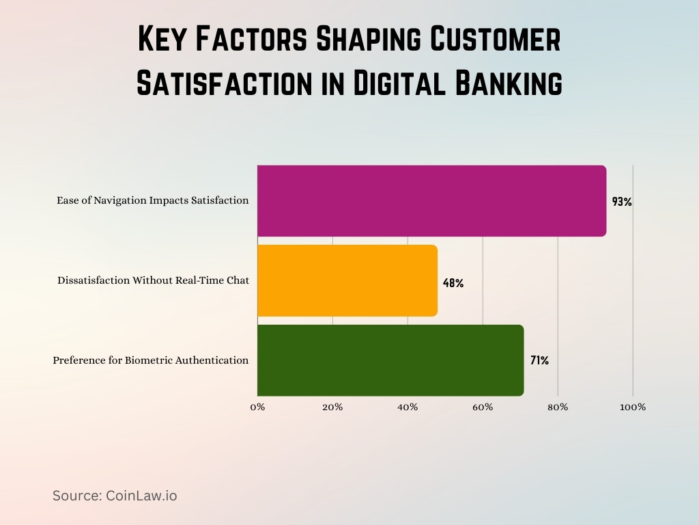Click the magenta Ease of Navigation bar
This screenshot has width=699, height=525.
point(431,201)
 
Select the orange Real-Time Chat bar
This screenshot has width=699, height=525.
point(347,280)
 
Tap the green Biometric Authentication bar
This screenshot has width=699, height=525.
point(390,360)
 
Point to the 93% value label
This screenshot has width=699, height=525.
point(622,202)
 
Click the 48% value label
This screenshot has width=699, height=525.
point(453,282)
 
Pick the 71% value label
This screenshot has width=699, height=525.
point(539,360)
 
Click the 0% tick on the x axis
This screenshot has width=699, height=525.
point(257,407)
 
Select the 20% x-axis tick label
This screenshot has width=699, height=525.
point(332,407)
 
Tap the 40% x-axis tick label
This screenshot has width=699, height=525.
point(408,407)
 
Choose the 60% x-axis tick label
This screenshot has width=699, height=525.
point(483,407)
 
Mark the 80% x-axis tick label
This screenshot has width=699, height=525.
point(558,407)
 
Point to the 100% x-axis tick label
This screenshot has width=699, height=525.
point(633,407)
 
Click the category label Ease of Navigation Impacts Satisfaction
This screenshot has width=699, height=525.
point(152,201)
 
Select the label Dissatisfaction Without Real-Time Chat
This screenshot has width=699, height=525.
point(153,280)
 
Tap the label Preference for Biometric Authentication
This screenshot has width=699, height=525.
point(151,360)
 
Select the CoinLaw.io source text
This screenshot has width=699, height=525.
point(141,496)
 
